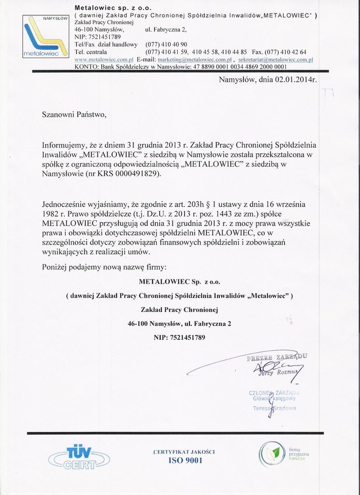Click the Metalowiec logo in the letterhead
[46, 37]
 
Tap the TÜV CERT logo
[79, 457]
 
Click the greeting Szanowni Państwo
[73, 115]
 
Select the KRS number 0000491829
[137, 174]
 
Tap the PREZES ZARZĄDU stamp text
[277, 358]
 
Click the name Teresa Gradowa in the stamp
[274, 408]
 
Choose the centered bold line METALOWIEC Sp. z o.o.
[179, 281]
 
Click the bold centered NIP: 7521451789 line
[179, 337]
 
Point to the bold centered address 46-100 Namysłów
[179, 323]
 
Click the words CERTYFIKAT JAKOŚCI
[184, 451]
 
